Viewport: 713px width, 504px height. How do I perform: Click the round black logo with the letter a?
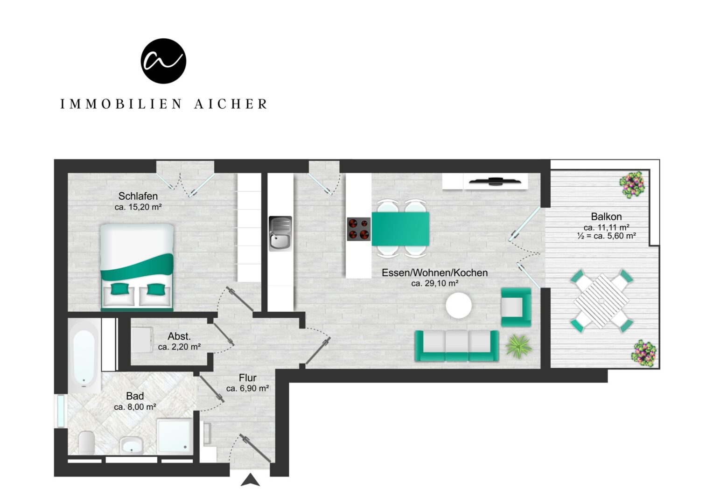[x=163, y=61]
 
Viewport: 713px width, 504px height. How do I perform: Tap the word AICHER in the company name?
[x=231, y=104]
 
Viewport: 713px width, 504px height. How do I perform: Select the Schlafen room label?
[x=138, y=196]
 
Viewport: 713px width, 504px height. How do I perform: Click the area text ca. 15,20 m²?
[x=138, y=207]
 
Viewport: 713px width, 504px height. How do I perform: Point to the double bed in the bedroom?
[x=137, y=267]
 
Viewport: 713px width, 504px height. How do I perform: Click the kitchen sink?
[x=280, y=233]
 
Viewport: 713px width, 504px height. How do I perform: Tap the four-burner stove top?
[x=359, y=229]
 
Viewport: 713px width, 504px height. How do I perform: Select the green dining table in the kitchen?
[x=400, y=229]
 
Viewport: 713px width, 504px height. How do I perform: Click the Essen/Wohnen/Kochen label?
[x=434, y=273]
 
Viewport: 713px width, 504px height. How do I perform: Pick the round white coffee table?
[x=459, y=306]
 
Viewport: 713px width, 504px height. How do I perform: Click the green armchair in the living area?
[x=516, y=307]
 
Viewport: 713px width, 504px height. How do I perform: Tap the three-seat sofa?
[x=456, y=346]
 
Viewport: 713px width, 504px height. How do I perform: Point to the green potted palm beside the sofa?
[x=518, y=346]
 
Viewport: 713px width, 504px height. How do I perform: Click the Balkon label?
[x=606, y=217]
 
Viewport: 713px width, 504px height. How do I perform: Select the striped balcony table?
[x=601, y=301]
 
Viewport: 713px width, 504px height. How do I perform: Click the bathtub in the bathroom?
[x=84, y=357]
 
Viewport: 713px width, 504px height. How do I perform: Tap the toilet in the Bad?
[x=86, y=442]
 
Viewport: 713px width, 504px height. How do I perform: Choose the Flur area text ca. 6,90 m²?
[x=248, y=388]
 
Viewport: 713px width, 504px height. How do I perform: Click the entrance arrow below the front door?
[x=250, y=480]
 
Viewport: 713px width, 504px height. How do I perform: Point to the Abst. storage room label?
[x=179, y=336]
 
